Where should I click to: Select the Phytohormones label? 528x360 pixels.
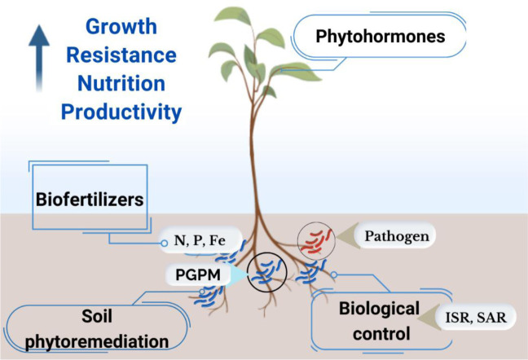pos(381,37)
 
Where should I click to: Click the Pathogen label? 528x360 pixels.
pos(398,236)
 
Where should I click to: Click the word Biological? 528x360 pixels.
pos(380,309)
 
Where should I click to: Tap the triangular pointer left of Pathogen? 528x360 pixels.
pos(349,237)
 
